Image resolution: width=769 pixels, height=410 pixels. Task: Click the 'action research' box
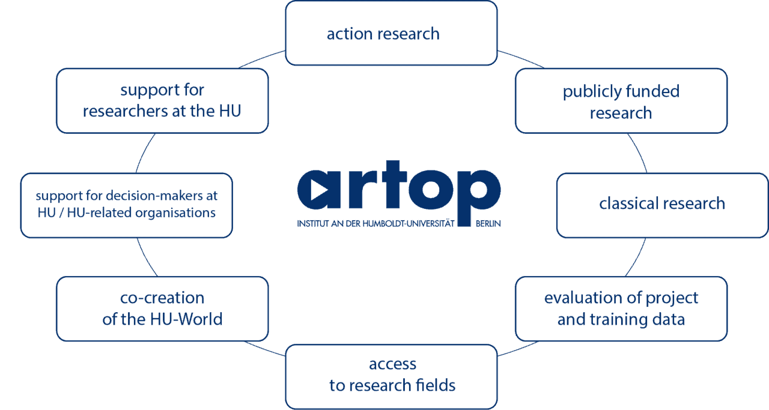[x=391, y=33]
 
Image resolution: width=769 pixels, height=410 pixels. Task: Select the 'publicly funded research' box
[x=621, y=101]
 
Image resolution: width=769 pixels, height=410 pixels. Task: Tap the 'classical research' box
[x=662, y=205]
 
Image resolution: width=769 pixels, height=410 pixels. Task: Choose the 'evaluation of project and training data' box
[x=621, y=309]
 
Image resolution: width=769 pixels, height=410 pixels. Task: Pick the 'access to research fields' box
[x=391, y=377]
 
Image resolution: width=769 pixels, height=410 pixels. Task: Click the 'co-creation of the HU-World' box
[x=162, y=309]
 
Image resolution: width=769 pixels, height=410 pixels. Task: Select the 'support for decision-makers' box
[x=126, y=205]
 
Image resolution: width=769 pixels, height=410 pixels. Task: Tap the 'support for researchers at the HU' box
[x=162, y=101]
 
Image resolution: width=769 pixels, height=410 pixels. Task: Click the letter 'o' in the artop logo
[x=431, y=189]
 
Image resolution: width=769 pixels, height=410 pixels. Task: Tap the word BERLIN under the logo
[x=488, y=224]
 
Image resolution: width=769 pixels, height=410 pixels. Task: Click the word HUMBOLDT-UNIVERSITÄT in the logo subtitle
[x=409, y=224]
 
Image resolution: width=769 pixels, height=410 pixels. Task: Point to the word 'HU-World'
[x=186, y=319]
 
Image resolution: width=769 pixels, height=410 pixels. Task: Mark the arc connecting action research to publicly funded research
[x=521, y=58]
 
